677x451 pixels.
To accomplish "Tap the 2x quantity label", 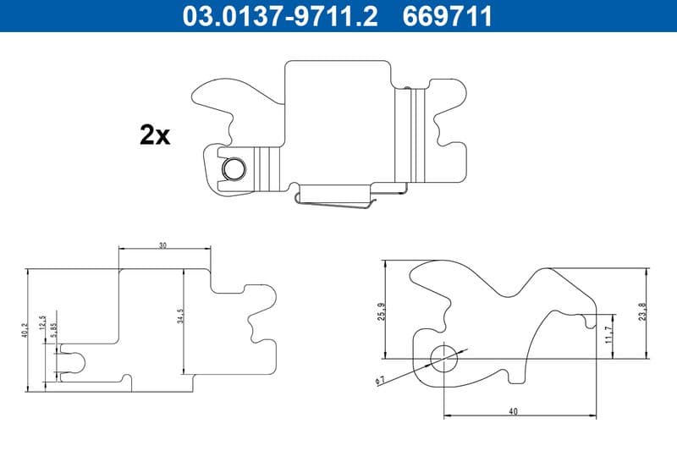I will coord(155,135).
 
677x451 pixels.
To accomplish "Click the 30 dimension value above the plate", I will coord(162,245).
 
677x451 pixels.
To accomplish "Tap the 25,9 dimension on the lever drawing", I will coord(383,312).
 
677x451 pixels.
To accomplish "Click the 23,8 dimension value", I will coord(643,312).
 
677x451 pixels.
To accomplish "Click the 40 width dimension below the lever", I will coord(513,411).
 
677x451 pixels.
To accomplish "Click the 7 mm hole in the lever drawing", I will coord(443,359).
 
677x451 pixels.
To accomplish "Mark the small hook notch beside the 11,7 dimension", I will coord(587,318).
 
